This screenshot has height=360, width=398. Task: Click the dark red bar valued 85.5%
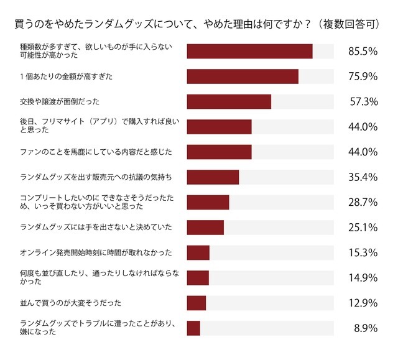tap(249, 51)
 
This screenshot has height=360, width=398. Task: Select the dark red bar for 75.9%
tap(243, 76)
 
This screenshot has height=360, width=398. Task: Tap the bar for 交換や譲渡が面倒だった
tap(229, 101)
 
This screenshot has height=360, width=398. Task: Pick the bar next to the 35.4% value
tap(213, 177)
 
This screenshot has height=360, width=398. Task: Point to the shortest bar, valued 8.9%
tap(193, 328)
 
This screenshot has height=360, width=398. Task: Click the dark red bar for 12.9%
tap(196, 303)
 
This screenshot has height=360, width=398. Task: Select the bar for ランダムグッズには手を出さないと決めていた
tap(205, 228)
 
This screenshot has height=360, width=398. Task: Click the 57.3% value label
tap(363, 102)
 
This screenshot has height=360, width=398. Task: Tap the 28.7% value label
tap(363, 203)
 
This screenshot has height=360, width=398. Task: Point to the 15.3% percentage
tap(363, 253)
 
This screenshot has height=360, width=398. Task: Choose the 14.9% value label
tap(363, 278)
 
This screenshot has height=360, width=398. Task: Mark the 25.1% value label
tap(363, 228)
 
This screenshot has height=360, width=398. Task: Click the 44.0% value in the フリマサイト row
tap(363, 127)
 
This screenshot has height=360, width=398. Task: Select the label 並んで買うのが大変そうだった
tap(70, 303)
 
